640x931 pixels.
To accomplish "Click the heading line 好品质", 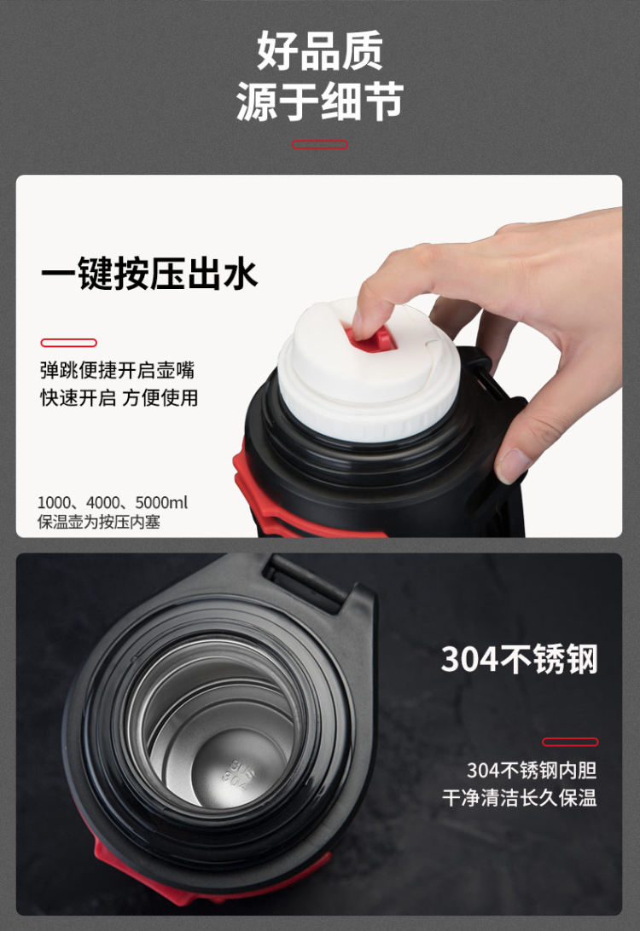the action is click(320, 51).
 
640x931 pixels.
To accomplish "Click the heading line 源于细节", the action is click(320, 101).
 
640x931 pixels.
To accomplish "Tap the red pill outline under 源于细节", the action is click(320, 144).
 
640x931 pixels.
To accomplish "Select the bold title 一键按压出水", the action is click(148, 275).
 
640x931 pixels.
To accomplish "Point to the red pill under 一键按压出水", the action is click(68, 343).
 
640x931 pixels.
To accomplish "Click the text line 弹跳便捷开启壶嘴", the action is click(117, 370).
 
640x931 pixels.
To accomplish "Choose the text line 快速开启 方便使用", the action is click(119, 397).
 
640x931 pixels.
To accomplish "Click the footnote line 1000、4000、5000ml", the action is click(113, 503).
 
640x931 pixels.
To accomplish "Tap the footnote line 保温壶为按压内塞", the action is click(99, 522).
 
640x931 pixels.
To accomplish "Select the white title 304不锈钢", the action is click(519, 659).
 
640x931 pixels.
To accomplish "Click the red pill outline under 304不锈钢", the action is click(570, 742).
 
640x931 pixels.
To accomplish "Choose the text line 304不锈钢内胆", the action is click(532, 770).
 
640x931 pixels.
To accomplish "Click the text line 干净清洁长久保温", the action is click(520, 797).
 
